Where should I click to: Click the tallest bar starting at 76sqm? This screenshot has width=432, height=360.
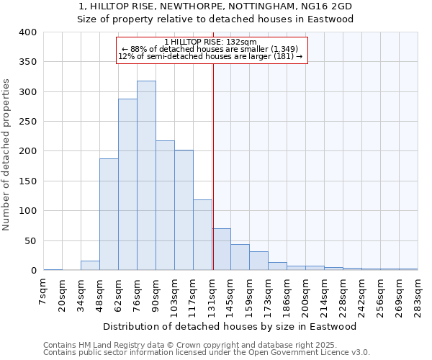point(146,176)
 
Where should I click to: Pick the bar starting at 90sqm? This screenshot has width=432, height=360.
point(165,205)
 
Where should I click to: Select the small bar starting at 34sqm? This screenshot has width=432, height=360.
point(90,266)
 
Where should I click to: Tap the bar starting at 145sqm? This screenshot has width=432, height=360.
point(240,258)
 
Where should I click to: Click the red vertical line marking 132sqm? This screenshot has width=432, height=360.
point(213,144)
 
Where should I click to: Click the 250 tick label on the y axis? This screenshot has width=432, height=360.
point(27,122)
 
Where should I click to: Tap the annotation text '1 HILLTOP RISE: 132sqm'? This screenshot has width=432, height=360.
point(210,42)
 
